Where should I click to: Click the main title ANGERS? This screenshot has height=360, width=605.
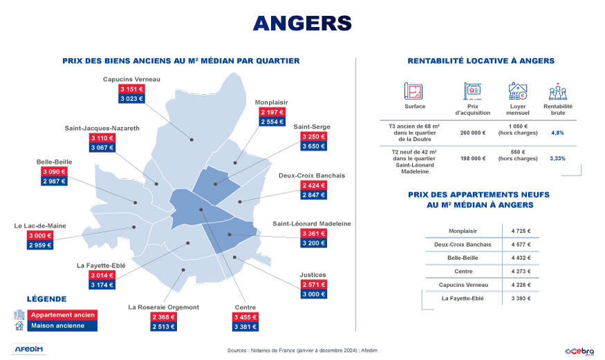[x=302, y=23]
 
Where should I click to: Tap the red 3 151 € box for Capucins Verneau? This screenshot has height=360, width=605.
[x=131, y=90]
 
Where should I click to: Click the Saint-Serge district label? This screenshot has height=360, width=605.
[x=311, y=127]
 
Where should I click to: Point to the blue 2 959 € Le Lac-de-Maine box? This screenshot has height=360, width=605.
[x=41, y=245]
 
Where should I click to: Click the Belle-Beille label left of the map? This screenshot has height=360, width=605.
[x=55, y=162]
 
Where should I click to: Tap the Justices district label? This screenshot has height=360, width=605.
[x=313, y=274]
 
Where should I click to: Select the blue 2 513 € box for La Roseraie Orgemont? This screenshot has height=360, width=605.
[x=164, y=327]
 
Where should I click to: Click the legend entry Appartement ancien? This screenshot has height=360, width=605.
[x=63, y=315]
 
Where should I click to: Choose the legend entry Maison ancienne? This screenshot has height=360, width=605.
[x=58, y=325]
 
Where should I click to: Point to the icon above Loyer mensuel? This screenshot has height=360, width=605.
[x=517, y=91]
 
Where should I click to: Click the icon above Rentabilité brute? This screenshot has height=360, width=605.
[x=557, y=92]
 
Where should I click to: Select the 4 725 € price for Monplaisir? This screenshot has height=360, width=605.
[x=521, y=231]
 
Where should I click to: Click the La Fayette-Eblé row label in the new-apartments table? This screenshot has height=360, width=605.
[x=463, y=299]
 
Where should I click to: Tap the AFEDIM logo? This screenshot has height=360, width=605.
[x=29, y=349]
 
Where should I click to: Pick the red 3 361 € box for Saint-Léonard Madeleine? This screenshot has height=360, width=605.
[x=313, y=234]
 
